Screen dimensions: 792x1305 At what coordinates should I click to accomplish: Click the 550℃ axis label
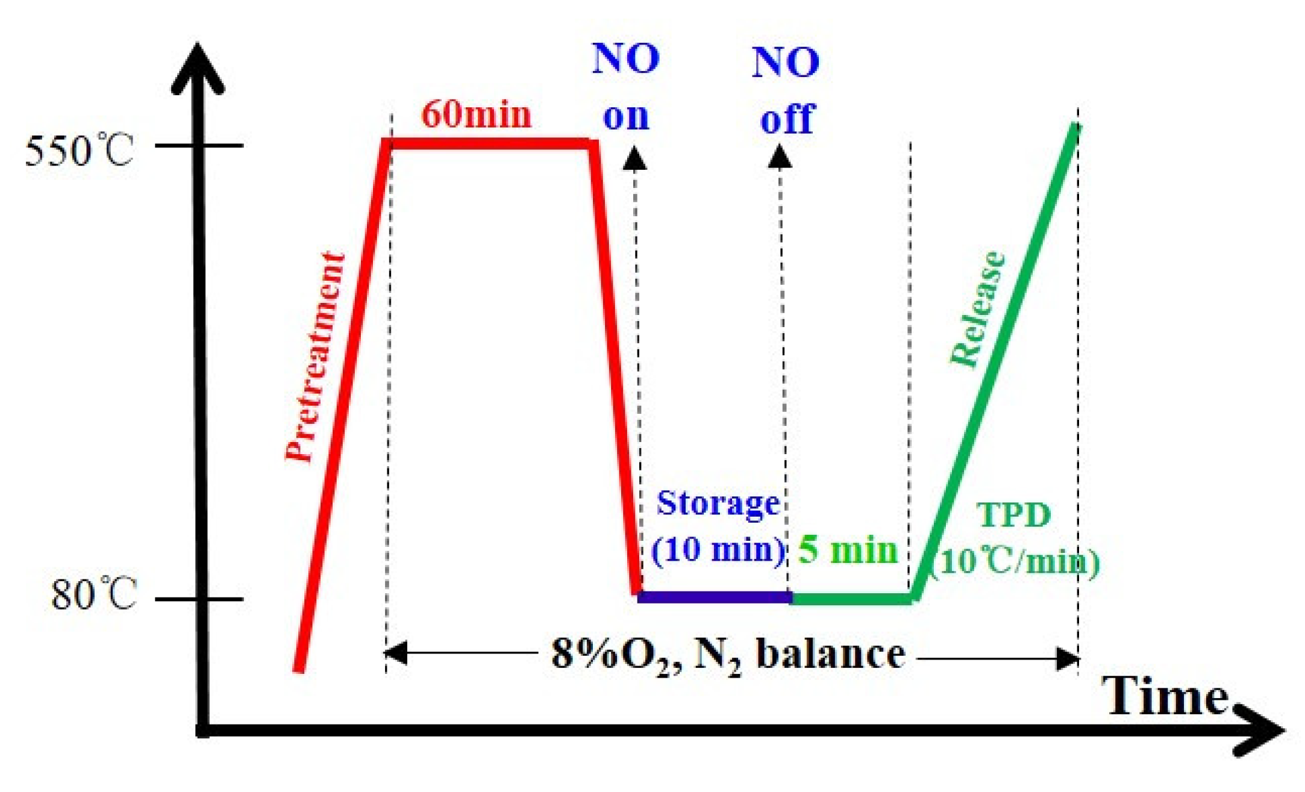(x=78, y=151)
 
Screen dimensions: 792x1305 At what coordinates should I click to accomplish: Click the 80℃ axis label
(x=93, y=595)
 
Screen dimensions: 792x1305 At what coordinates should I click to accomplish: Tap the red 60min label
(x=476, y=114)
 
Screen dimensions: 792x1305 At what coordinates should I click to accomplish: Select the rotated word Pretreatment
(x=315, y=357)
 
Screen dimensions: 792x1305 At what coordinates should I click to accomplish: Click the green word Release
(x=977, y=308)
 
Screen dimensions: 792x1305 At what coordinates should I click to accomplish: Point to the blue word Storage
(x=718, y=504)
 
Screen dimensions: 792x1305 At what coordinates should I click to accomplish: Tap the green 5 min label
(x=848, y=550)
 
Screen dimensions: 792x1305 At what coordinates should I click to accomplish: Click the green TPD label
(x=1013, y=516)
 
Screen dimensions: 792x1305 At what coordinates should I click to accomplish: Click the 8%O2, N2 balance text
(x=728, y=655)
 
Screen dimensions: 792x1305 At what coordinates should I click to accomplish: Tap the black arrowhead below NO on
(x=634, y=158)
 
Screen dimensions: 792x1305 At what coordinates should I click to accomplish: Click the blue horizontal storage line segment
(x=715, y=597)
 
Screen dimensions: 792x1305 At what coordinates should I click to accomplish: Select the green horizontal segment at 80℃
(x=851, y=598)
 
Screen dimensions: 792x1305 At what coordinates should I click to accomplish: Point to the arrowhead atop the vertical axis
(x=198, y=66)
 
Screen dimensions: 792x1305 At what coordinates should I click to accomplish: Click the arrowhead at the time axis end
(x=1262, y=731)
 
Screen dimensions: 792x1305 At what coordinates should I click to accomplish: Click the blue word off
(x=787, y=119)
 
